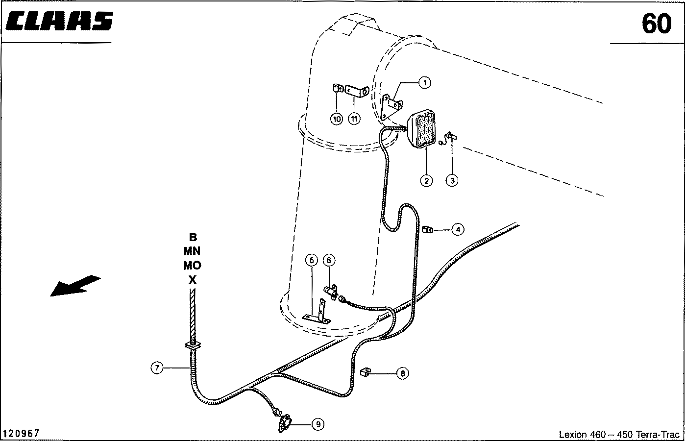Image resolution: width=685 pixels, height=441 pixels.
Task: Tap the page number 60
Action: (x=656, y=24)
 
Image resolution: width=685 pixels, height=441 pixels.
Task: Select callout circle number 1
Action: (x=424, y=83)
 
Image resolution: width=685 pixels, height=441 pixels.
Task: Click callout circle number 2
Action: (x=426, y=181)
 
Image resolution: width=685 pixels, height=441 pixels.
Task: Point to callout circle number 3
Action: (x=452, y=180)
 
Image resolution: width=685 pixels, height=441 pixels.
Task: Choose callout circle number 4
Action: (x=458, y=229)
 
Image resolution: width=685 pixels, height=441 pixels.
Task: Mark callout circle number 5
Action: (x=312, y=260)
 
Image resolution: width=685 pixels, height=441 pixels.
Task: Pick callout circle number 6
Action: (x=329, y=260)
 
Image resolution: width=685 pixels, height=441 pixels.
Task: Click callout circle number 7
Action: (x=157, y=367)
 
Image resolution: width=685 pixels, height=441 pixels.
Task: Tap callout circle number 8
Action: (x=402, y=373)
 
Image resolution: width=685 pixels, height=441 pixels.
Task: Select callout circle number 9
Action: (x=318, y=424)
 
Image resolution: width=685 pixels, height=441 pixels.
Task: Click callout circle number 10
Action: (x=337, y=119)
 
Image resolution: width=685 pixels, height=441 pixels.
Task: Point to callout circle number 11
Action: (x=354, y=119)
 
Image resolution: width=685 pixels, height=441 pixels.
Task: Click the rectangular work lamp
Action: (x=422, y=128)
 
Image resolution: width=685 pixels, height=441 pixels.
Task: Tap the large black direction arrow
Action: (x=75, y=285)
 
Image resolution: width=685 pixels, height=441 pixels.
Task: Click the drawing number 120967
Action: (x=21, y=433)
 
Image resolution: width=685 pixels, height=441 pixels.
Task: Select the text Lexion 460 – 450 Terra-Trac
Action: (x=619, y=434)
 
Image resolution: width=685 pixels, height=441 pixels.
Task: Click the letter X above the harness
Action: (x=193, y=279)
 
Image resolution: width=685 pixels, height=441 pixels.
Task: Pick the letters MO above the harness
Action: (x=192, y=265)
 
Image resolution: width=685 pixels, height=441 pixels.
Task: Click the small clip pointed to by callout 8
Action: (x=365, y=372)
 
